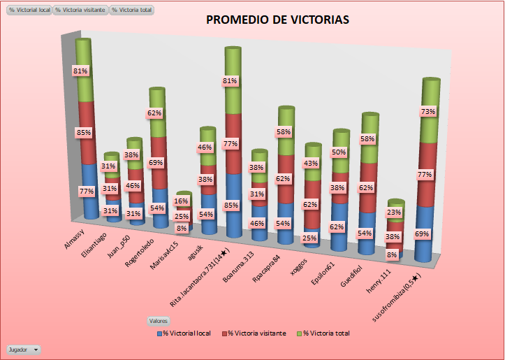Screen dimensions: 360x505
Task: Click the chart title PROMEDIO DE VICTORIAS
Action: tap(277, 20)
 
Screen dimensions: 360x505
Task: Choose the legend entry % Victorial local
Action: tap(187, 333)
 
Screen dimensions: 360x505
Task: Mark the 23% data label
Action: tap(395, 213)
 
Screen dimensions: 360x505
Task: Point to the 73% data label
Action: tap(428, 112)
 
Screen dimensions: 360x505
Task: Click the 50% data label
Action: tap(340, 152)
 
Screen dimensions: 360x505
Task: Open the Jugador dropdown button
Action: tap(24, 348)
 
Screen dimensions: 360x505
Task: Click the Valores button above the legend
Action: tap(158, 321)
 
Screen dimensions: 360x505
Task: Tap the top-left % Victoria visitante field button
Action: tap(81, 10)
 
